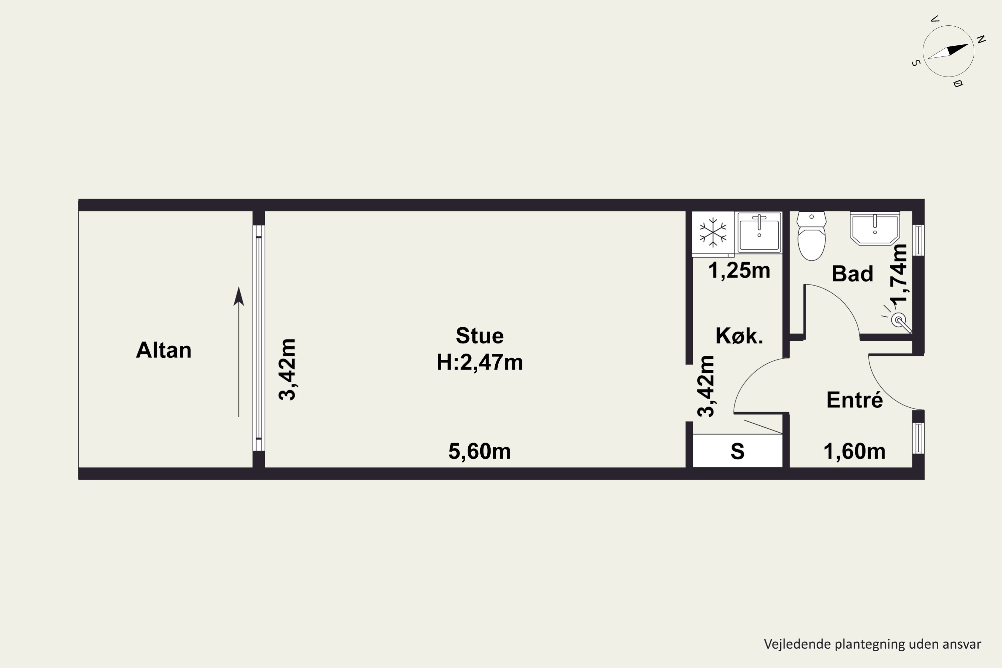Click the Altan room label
click(x=164, y=350)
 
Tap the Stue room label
click(x=480, y=336)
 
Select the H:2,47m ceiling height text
click(x=480, y=362)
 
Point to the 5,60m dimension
click(x=480, y=451)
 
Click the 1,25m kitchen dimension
click(x=739, y=271)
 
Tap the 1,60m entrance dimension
click(x=855, y=451)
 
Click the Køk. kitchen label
click(x=739, y=336)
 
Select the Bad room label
click(x=852, y=274)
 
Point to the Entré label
click(x=855, y=399)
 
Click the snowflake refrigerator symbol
click(x=713, y=232)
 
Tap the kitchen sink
click(x=759, y=232)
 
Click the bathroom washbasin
click(x=875, y=229)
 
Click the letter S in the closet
click(x=737, y=452)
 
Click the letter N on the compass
click(x=981, y=40)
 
